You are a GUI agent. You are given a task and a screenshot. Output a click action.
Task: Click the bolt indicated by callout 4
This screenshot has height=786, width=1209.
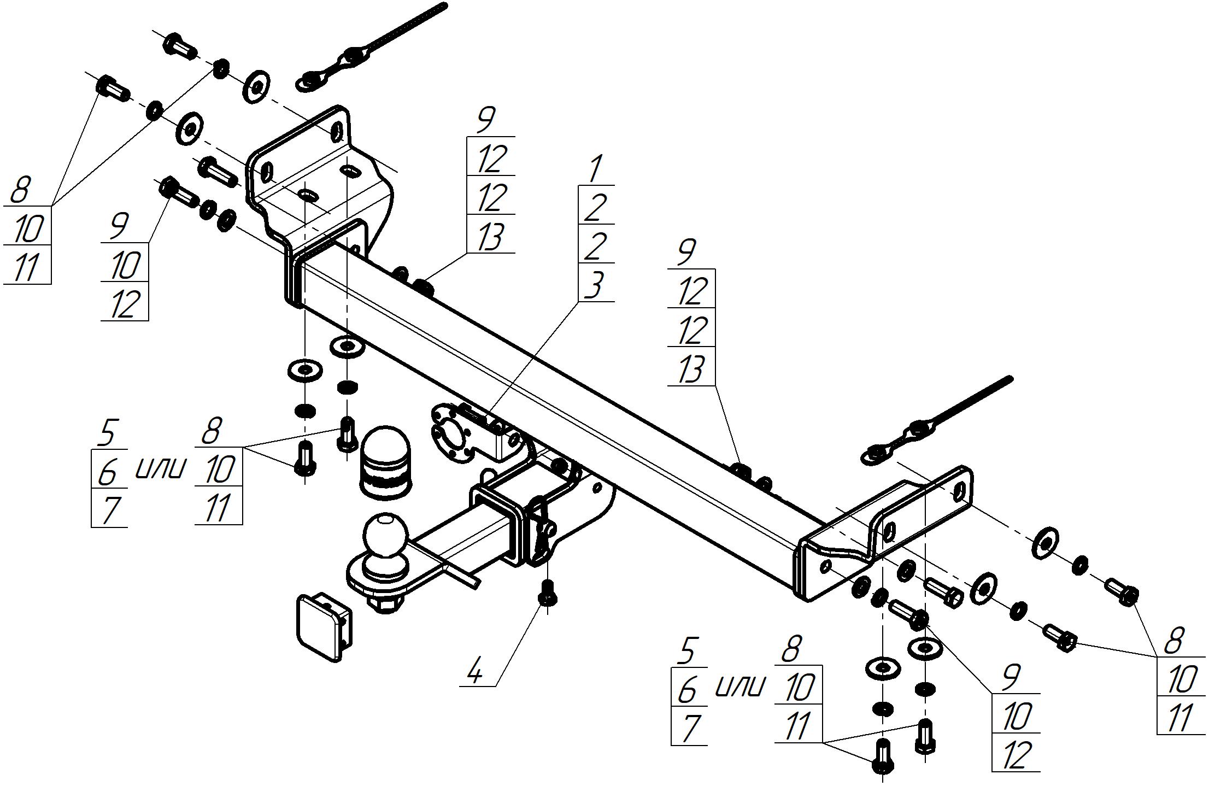pos(547,592)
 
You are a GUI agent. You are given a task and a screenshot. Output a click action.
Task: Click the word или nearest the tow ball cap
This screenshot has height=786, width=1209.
pos(160,468)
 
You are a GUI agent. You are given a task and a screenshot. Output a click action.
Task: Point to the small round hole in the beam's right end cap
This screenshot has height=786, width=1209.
pos(826,567)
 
